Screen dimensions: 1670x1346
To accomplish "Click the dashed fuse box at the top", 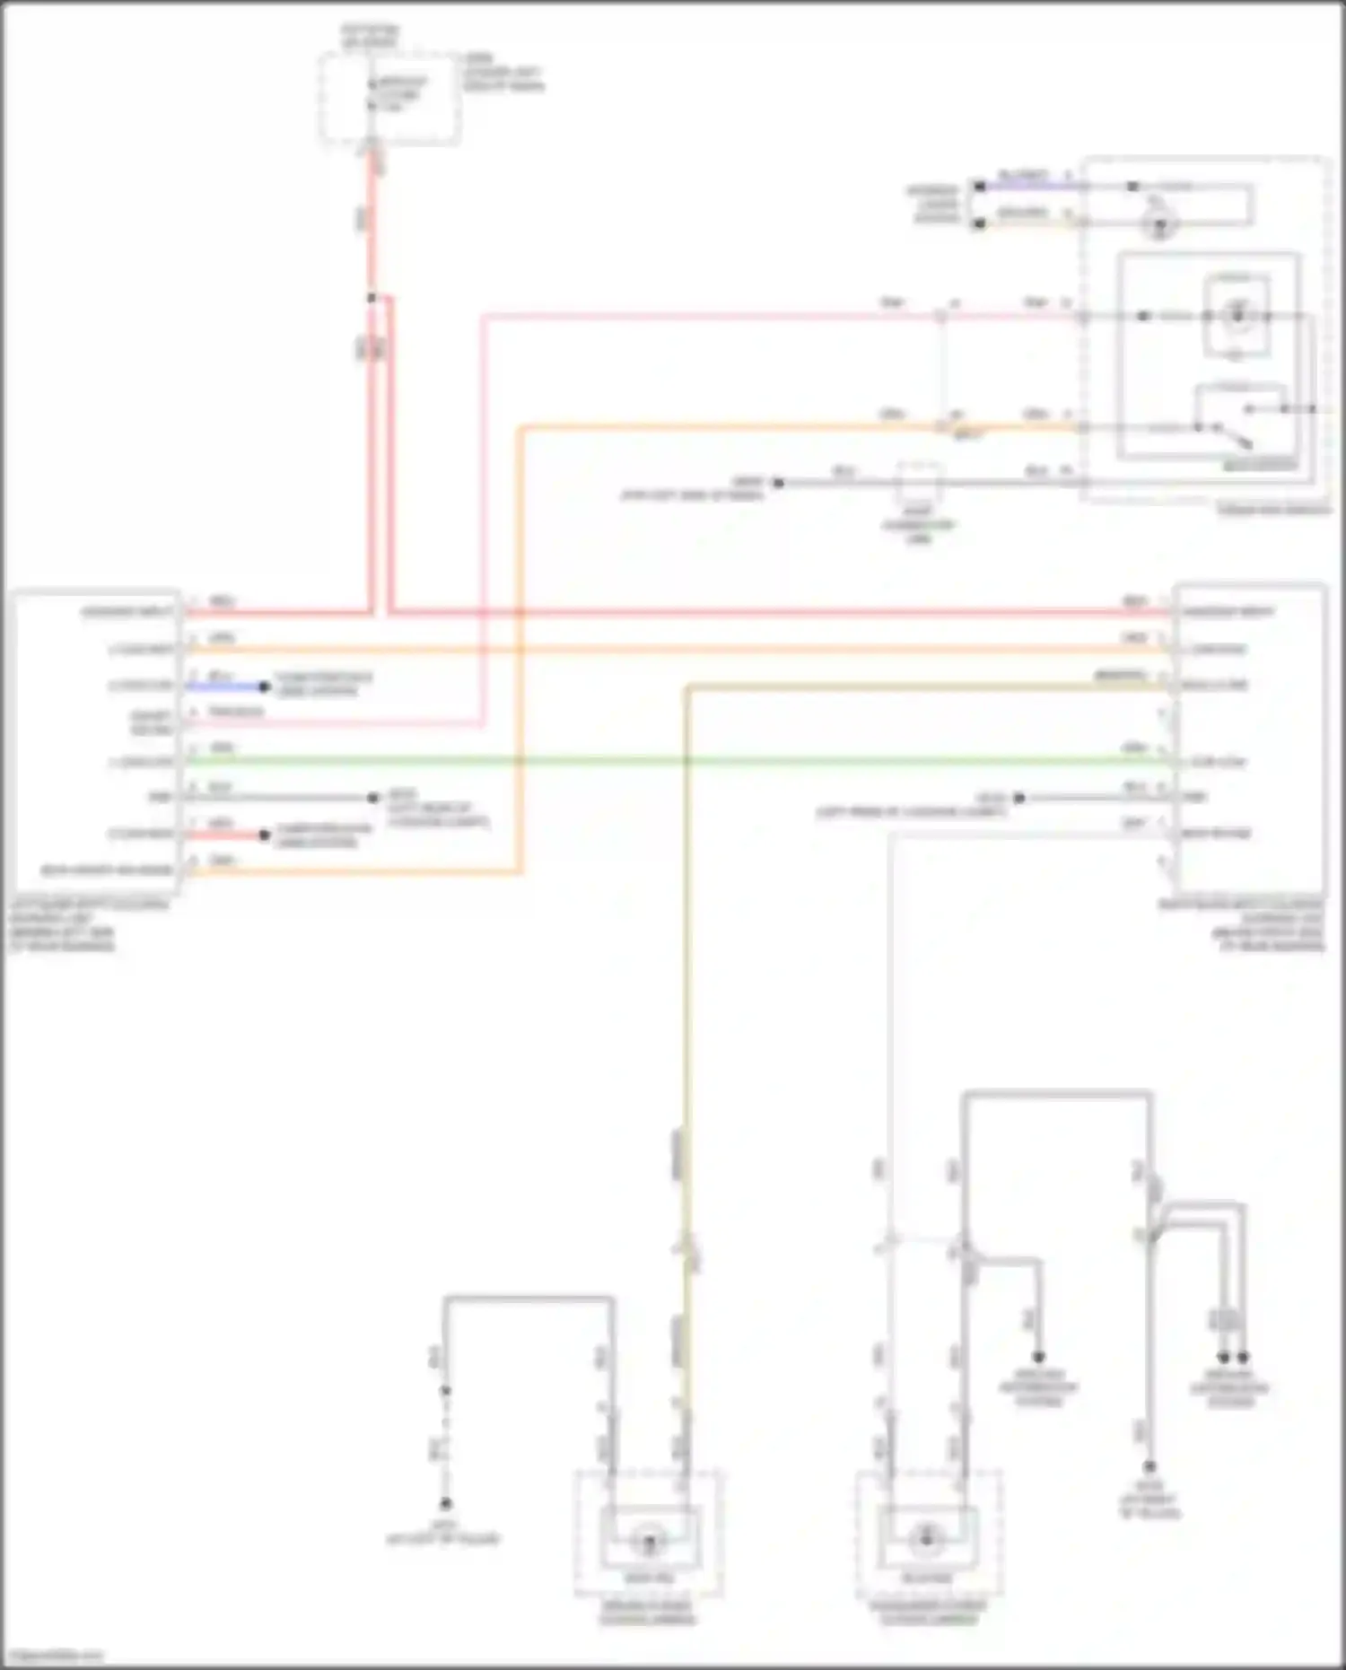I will pos(390,97).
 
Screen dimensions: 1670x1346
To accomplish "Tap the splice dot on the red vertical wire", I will pos(371,297).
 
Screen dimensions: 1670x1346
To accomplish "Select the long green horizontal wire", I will pos(673,762).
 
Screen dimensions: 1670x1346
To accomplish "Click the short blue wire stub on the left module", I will pos(224,686).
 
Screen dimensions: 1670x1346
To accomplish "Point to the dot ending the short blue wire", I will pos(264,686).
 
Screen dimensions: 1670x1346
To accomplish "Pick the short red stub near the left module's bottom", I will pos(224,835).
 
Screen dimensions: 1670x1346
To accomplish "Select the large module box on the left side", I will pos(94,741).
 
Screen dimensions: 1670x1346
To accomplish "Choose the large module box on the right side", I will pos(1249,736).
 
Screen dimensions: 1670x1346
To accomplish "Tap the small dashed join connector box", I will pos(919,485).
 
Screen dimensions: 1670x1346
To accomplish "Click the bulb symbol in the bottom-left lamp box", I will pos(649,1542).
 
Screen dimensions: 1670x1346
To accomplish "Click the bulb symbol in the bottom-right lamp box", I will pos(927,1540).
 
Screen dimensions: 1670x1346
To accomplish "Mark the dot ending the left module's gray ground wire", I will pos(373,798).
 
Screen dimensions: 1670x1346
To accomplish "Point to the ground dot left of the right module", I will pos(1018,798).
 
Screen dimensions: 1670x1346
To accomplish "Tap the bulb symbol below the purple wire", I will pos(1159,224).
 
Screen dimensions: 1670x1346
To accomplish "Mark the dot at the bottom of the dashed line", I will pos(445,1503).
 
